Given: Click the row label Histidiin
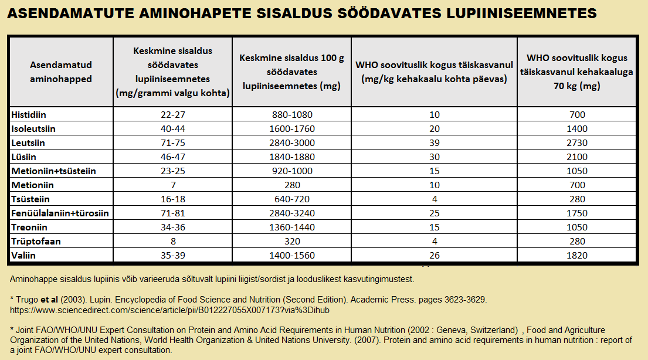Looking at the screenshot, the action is pyautogui.click(x=30, y=114).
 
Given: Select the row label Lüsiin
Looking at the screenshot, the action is pyautogui.click(x=24, y=157).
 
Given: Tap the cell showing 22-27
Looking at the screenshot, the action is pyautogui.click(x=172, y=114).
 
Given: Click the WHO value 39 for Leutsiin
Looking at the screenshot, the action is pyautogui.click(x=435, y=142).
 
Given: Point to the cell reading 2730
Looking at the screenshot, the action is pyautogui.click(x=577, y=142).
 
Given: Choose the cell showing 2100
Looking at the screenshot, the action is pyautogui.click(x=577, y=157).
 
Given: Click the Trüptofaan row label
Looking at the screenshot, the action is pyautogui.click(x=36, y=241).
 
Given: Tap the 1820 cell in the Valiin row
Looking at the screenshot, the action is pyautogui.click(x=577, y=255).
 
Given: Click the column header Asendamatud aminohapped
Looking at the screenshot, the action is pyautogui.click(x=61, y=72).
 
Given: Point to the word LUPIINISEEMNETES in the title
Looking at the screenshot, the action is pyautogui.click(x=528, y=13).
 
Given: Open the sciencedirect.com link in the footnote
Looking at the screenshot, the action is pyautogui.click(x=170, y=310).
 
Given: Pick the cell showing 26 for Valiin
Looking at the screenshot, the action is pyautogui.click(x=435, y=255).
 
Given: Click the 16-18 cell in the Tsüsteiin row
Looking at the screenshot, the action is pyautogui.click(x=172, y=199).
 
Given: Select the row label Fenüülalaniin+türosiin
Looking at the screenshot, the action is pyautogui.click(x=60, y=213).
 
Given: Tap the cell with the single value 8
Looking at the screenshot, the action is pyautogui.click(x=172, y=241).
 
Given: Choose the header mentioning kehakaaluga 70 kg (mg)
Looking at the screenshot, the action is pyautogui.click(x=577, y=72).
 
